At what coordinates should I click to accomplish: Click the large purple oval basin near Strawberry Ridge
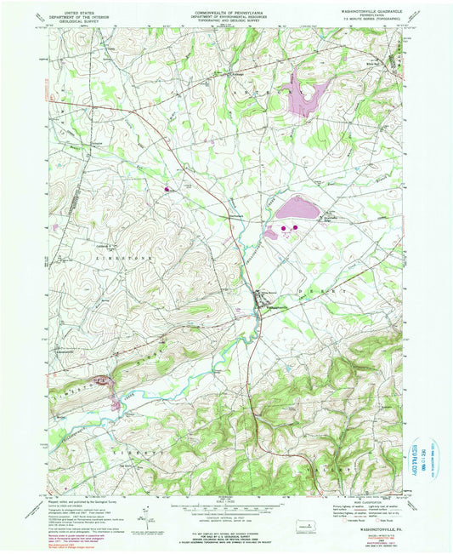[x=293, y=207]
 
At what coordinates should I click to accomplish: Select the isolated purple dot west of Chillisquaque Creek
[x=167, y=189]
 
